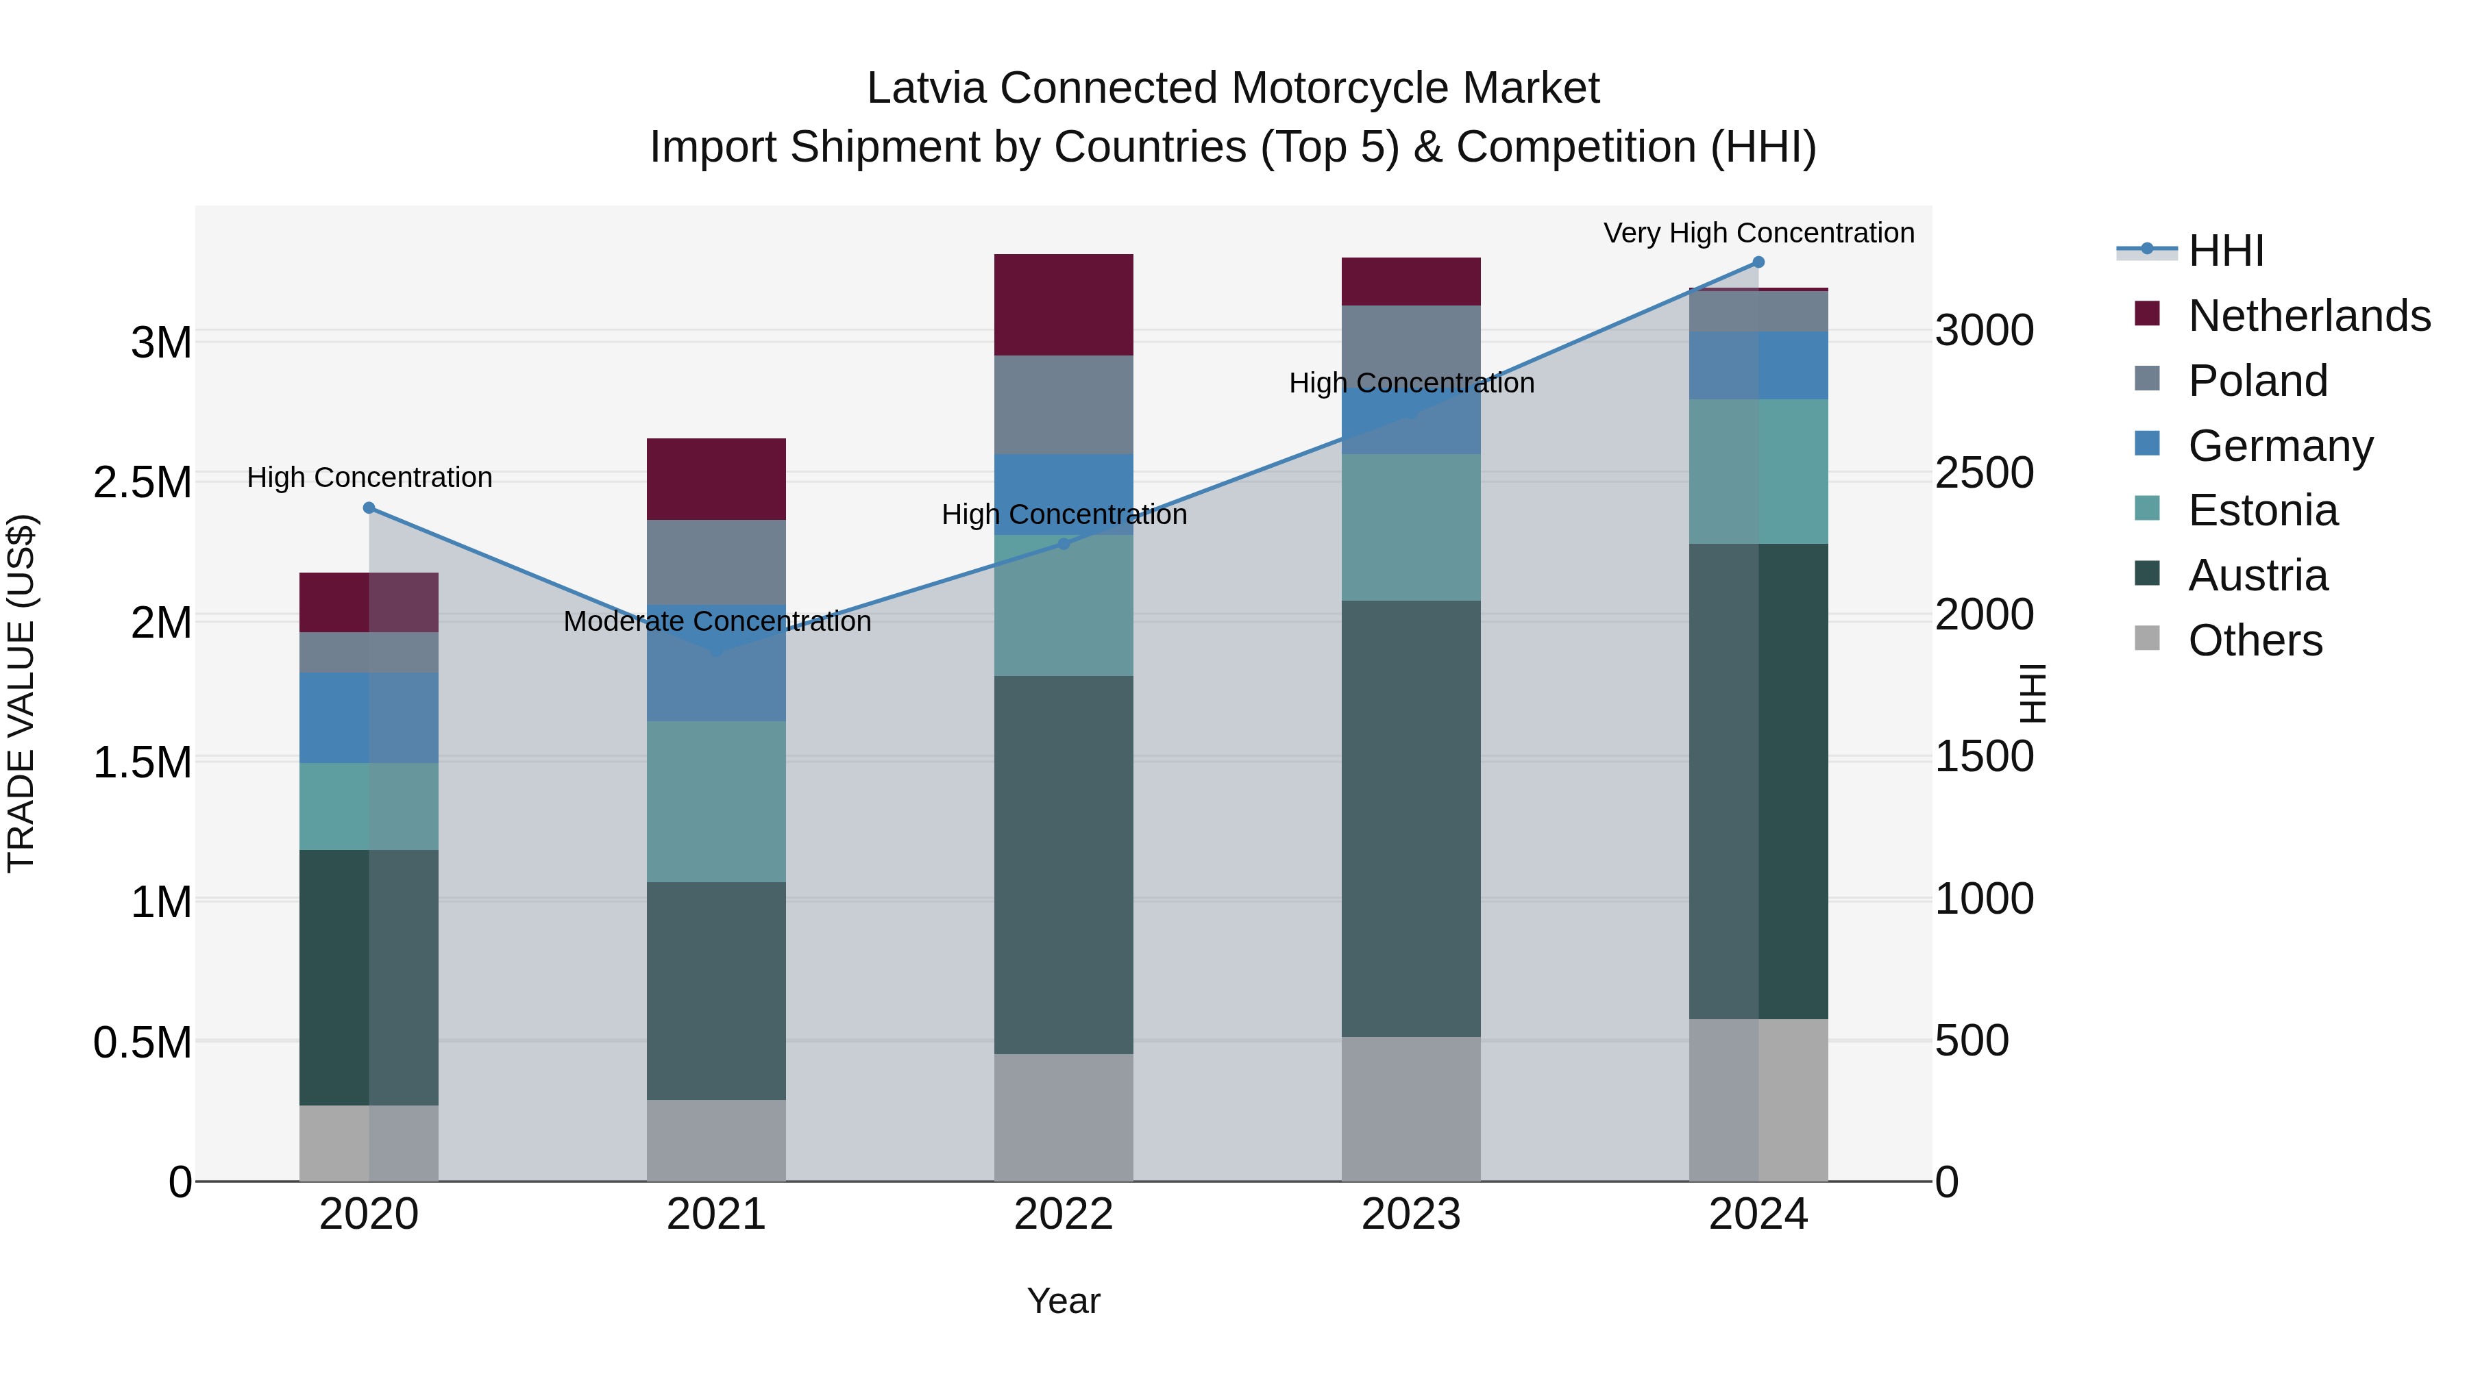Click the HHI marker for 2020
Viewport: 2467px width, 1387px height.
click(369, 508)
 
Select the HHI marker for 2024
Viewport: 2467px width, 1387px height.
click(1758, 262)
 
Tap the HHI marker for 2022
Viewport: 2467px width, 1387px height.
click(1063, 544)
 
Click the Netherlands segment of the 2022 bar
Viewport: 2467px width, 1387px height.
click(1063, 304)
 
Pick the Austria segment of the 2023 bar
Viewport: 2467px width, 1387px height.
click(1411, 819)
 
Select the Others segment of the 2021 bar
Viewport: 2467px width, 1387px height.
click(716, 1140)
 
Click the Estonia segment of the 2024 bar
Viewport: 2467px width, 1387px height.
click(1758, 471)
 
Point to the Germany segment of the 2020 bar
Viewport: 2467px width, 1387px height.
click(369, 718)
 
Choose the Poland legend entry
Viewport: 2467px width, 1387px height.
click(2257, 381)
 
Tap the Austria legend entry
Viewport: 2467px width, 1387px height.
click(2257, 575)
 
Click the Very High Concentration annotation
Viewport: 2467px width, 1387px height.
click(1758, 233)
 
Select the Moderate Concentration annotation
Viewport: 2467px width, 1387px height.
click(716, 621)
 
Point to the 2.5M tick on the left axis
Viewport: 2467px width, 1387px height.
click(142, 482)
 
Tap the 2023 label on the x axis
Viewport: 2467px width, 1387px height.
click(1411, 1214)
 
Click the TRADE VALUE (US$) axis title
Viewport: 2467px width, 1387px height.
click(21, 693)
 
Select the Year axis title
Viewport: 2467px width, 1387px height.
click(1063, 1301)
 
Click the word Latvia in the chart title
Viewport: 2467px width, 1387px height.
click(927, 88)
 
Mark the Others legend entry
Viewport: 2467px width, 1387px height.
click(2255, 640)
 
